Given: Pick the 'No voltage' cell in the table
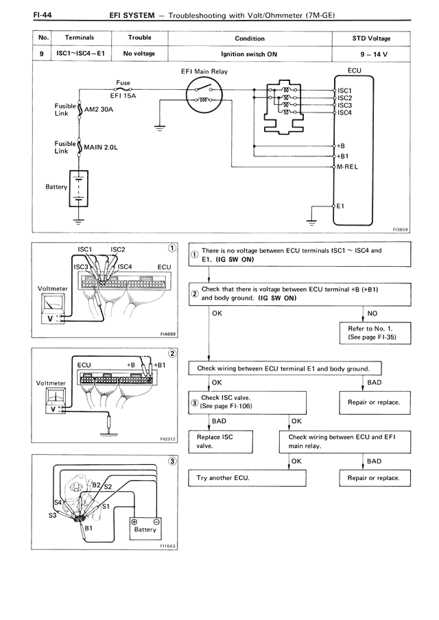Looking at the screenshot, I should point(139,52).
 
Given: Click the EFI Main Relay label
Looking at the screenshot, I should point(205,71).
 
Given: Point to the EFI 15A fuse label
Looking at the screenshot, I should point(123,96).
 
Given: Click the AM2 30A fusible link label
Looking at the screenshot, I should point(99,109).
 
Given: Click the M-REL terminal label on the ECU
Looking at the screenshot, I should point(348,166).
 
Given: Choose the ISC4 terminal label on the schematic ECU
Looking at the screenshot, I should point(344,112).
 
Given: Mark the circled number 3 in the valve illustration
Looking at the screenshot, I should point(173,462).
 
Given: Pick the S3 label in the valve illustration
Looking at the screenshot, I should point(53,516).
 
